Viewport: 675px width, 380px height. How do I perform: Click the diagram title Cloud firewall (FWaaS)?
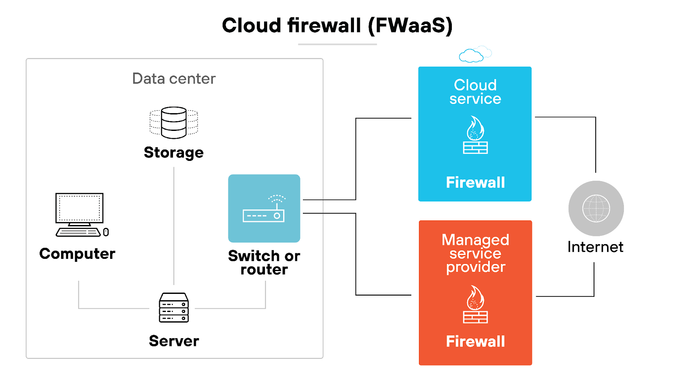click(x=337, y=25)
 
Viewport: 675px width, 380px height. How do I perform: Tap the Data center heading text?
click(x=174, y=79)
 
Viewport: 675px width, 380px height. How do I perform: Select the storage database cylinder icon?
click(x=174, y=122)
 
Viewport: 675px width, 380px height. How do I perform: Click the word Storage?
click(x=174, y=152)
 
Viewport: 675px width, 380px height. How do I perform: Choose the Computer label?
click(x=77, y=254)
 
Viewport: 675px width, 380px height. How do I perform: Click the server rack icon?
click(x=174, y=307)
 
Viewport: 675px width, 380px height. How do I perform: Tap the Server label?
click(x=174, y=341)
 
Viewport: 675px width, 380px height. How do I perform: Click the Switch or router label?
click(x=264, y=263)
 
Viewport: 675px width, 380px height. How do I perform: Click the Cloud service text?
click(x=475, y=92)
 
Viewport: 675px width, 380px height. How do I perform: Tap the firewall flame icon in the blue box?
click(x=475, y=135)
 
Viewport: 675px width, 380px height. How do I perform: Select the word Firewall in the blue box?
click(x=475, y=182)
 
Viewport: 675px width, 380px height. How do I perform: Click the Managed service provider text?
click(x=475, y=253)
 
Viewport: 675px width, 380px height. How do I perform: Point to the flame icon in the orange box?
click(x=475, y=304)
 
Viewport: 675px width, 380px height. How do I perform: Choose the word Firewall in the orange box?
click(x=475, y=341)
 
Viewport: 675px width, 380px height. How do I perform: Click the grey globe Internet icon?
click(x=596, y=208)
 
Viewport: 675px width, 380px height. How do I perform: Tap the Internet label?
click(x=595, y=247)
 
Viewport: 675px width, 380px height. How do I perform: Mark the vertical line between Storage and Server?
click(x=174, y=224)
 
